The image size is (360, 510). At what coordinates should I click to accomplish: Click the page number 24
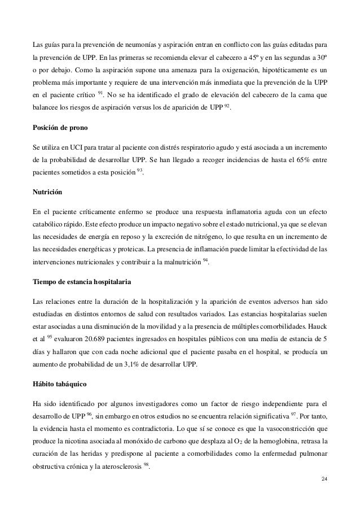[x=322, y=480]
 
